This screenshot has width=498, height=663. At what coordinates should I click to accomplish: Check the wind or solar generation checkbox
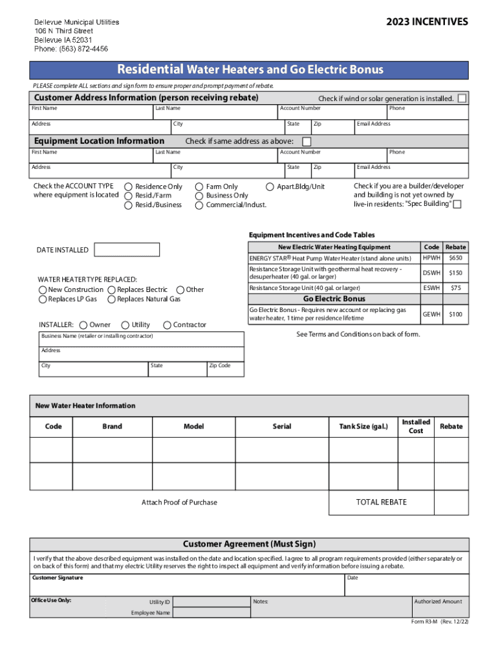point(462,98)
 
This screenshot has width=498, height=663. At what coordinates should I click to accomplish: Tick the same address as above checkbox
point(307,141)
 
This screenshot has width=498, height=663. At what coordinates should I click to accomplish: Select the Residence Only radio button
point(129,186)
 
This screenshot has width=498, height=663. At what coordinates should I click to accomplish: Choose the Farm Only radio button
point(199,186)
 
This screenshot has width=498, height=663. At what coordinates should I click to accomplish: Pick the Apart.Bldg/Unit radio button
point(270,186)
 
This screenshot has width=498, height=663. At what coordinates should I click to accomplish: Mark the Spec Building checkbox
point(457,205)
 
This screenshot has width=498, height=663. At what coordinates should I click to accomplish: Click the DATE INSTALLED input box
point(127,250)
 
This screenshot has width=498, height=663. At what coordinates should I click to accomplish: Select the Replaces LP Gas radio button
point(43,299)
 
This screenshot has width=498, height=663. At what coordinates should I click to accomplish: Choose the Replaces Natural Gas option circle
point(112,299)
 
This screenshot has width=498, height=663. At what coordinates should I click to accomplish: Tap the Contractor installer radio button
point(168,324)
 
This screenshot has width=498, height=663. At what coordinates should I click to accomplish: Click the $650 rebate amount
point(456,258)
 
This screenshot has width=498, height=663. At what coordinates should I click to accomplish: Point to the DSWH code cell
point(431,273)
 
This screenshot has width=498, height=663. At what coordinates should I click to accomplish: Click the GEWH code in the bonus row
point(431,314)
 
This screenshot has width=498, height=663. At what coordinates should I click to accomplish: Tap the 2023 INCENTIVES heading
point(427,22)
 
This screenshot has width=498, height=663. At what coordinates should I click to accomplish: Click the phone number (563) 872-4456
point(71,49)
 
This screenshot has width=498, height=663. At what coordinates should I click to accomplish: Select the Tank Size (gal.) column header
point(363,426)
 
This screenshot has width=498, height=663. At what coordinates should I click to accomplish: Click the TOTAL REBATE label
point(382,502)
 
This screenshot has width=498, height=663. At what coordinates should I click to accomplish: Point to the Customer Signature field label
point(58,577)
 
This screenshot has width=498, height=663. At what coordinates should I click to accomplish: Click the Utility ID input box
point(210,601)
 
